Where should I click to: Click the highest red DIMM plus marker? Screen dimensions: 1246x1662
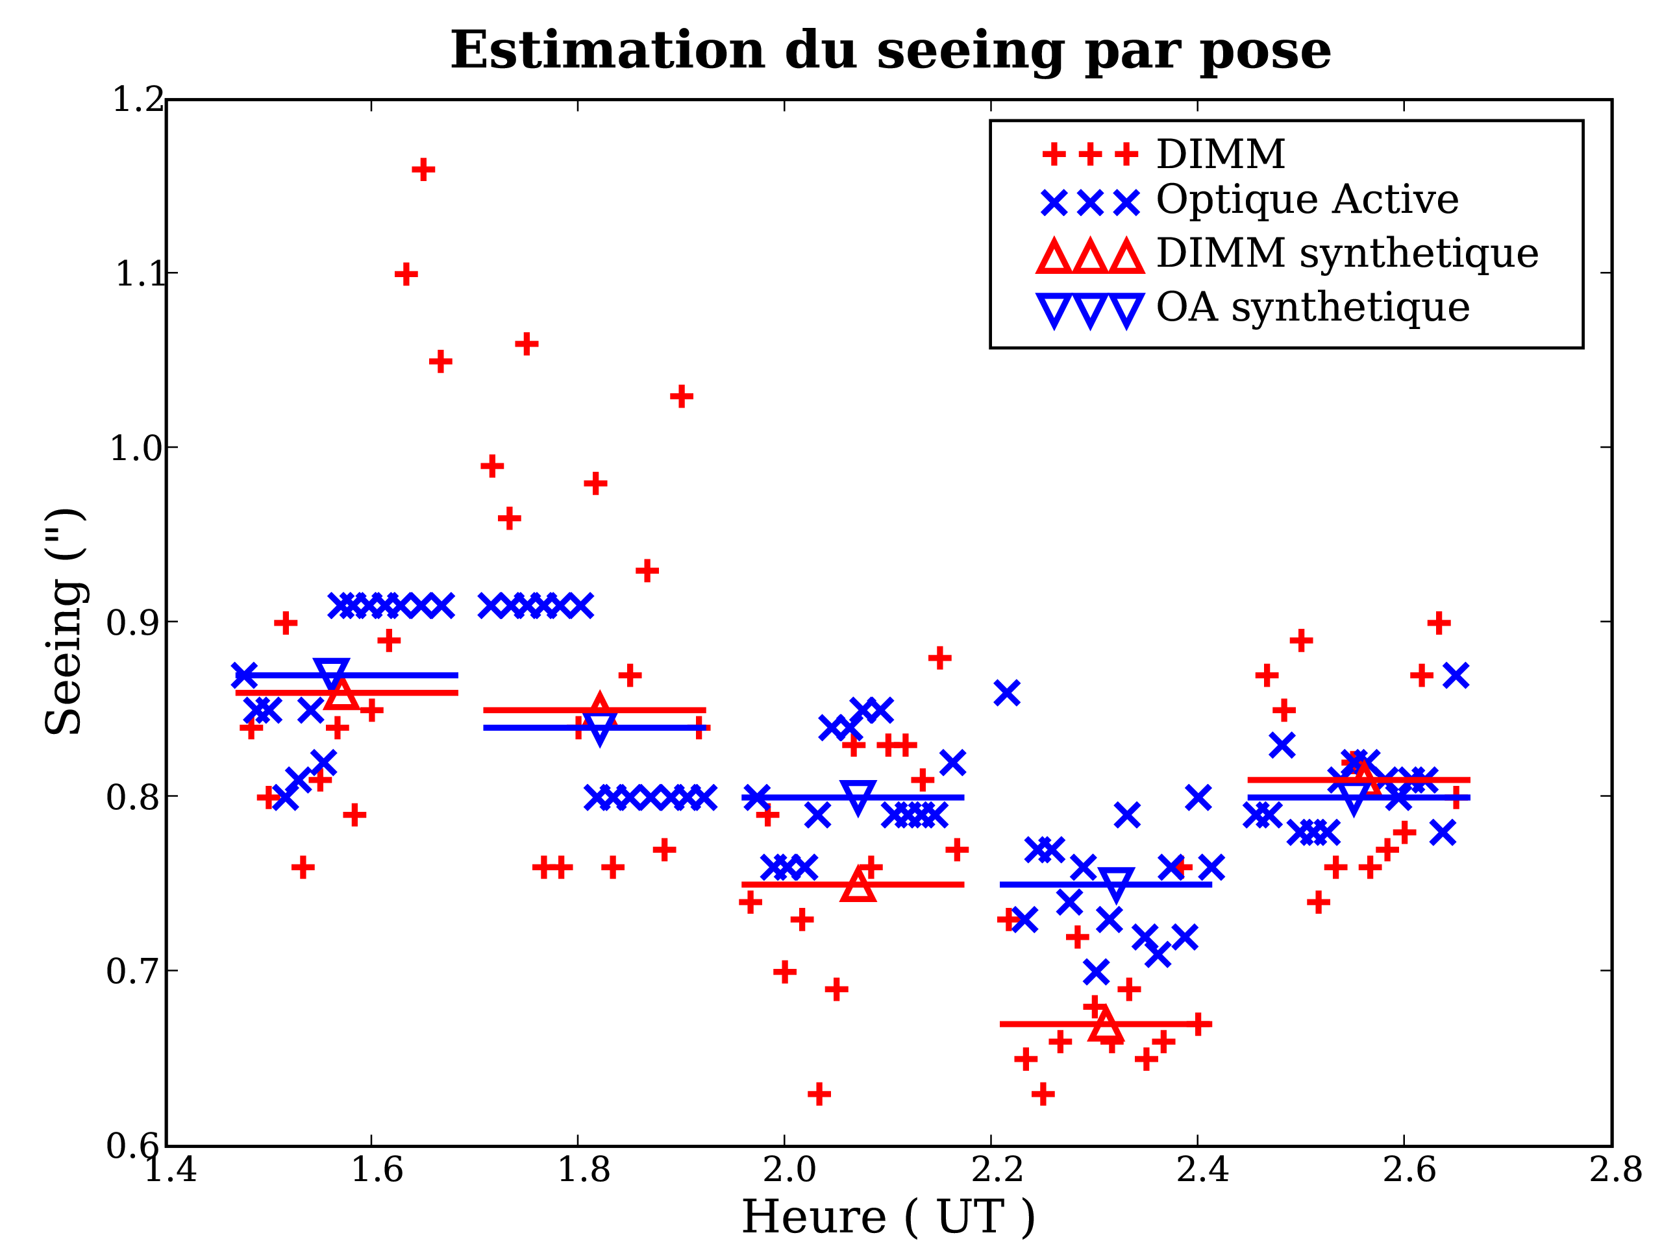point(423,170)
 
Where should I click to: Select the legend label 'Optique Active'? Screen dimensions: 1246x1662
point(1307,200)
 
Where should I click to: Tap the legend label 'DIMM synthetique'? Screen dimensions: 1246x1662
point(1346,253)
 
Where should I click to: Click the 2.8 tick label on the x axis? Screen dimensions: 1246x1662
point(1615,1169)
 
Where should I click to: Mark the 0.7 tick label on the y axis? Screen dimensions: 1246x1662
point(134,971)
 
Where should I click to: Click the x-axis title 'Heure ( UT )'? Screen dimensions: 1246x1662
point(888,1217)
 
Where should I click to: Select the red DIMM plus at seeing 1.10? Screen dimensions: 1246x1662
point(406,275)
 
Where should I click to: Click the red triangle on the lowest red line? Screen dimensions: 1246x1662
point(1105,1025)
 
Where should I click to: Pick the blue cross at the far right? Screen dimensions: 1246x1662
point(1456,676)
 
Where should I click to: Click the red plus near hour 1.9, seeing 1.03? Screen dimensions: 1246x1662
point(681,397)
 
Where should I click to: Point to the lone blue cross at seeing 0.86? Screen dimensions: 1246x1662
point(1007,693)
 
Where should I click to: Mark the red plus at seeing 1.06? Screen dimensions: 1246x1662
point(526,345)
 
